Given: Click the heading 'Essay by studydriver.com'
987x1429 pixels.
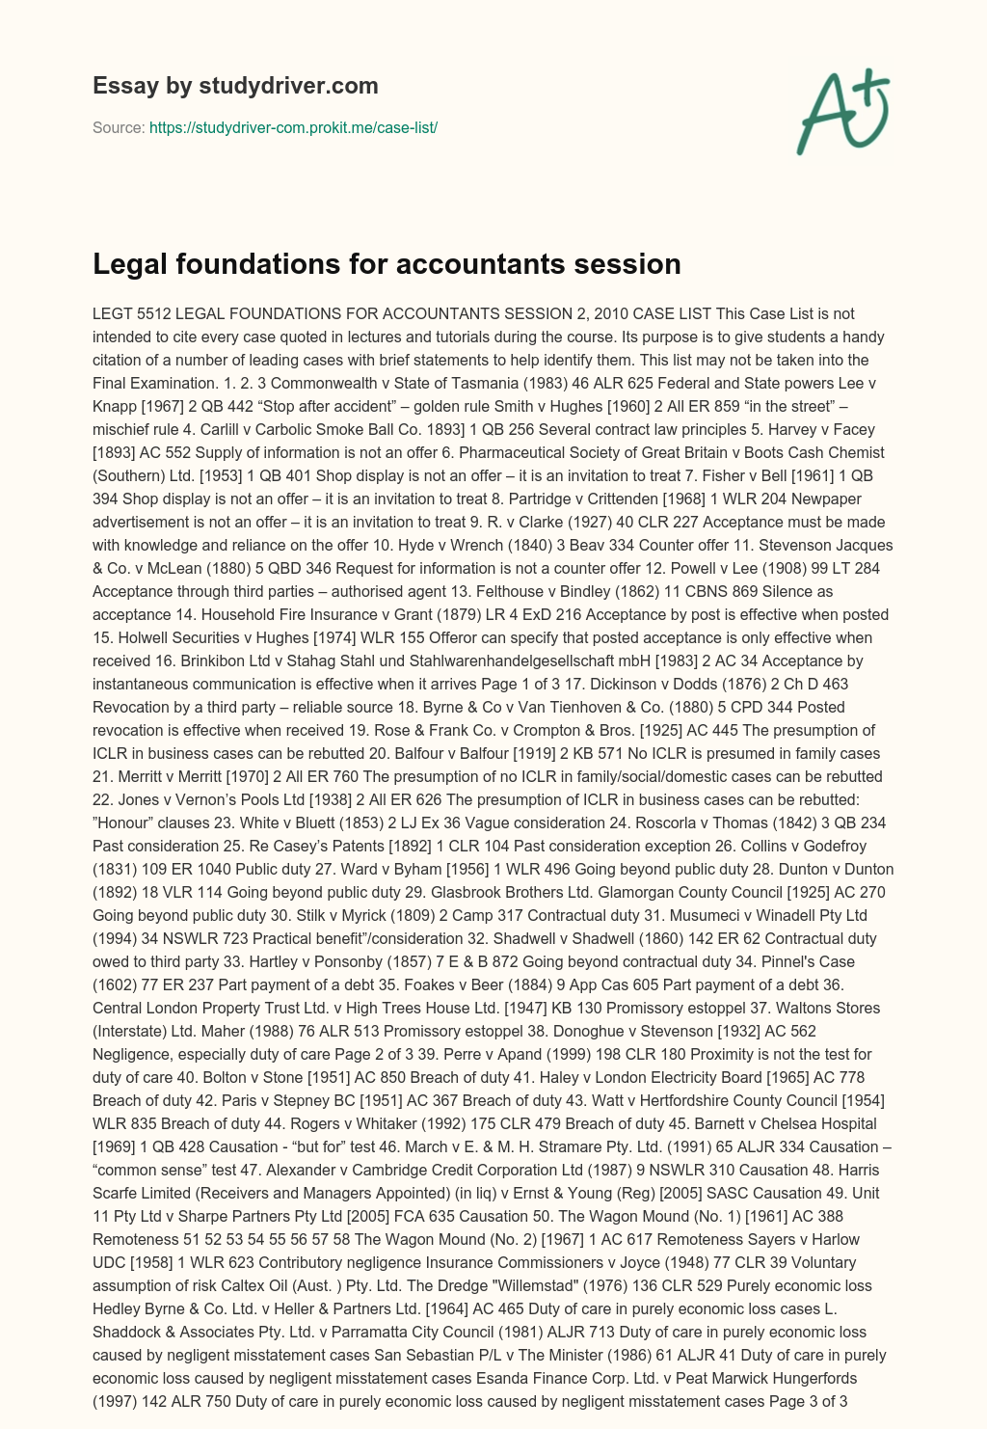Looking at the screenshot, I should click(x=235, y=86).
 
